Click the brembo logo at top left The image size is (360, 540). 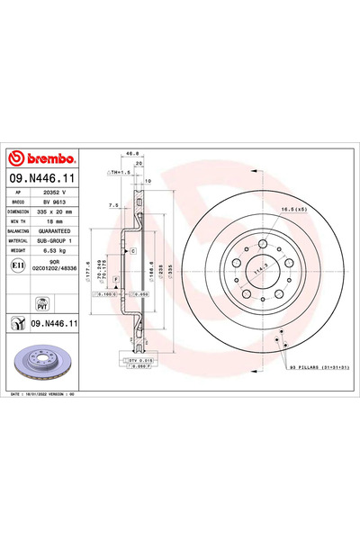coord(42,158)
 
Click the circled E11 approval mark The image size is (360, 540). coord(16,267)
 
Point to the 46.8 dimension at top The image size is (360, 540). coord(130,154)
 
